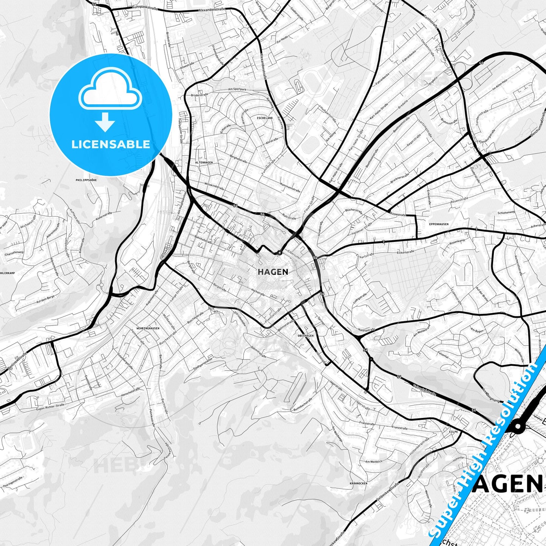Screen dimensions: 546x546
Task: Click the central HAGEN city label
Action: pyautogui.click(x=273, y=272)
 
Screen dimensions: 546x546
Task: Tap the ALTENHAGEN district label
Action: pyautogui.click(x=204, y=162)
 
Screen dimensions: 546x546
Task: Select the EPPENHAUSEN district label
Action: pyautogui.click(x=439, y=224)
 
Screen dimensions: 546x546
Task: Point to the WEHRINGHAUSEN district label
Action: pyautogui.click(x=148, y=328)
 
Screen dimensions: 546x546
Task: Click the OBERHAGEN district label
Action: pyautogui.click(x=306, y=336)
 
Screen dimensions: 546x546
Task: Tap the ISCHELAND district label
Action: pyautogui.click(x=264, y=118)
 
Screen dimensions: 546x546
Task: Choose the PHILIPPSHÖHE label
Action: pyautogui.click(x=86, y=180)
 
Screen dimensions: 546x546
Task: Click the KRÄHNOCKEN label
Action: pyautogui.click(x=358, y=483)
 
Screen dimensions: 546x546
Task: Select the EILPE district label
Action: pyautogui.click(x=453, y=432)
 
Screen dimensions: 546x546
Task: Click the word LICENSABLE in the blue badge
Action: pyautogui.click(x=111, y=144)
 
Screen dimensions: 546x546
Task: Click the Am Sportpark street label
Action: pyautogui.click(x=237, y=90)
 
